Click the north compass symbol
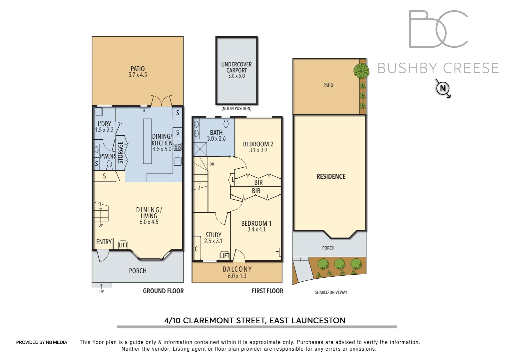(x=443, y=88)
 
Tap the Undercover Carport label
(x=237, y=67)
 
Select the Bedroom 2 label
(x=258, y=144)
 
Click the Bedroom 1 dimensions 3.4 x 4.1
(x=256, y=230)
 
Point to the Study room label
(x=213, y=235)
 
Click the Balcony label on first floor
(x=237, y=269)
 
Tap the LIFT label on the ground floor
(x=123, y=245)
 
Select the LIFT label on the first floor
(x=225, y=256)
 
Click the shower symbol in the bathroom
(x=200, y=149)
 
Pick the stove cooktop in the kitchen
(x=178, y=147)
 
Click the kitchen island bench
(x=147, y=141)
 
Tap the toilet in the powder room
(x=109, y=164)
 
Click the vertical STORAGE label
(x=121, y=152)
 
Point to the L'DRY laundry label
(x=104, y=124)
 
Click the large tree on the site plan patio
(x=361, y=71)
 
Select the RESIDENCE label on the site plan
(x=331, y=176)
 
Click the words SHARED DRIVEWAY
(x=331, y=292)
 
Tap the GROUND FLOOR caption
(x=163, y=291)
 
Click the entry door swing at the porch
(x=103, y=256)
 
